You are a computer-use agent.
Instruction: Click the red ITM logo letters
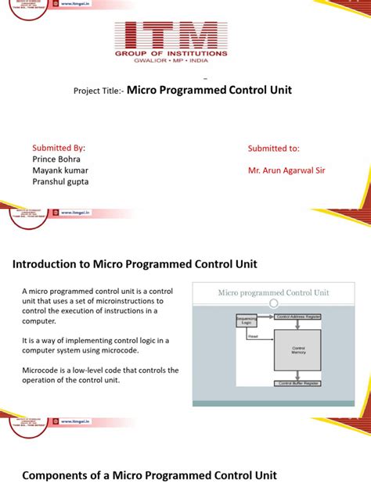click(x=171, y=36)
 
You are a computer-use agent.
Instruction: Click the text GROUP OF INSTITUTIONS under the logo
click(x=171, y=54)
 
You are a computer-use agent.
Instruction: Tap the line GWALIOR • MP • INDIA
click(x=171, y=63)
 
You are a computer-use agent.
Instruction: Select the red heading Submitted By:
click(x=59, y=148)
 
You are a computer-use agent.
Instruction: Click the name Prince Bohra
click(x=57, y=159)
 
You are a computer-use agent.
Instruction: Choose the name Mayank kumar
click(x=60, y=170)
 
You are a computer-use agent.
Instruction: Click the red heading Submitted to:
click(x=274, y=148)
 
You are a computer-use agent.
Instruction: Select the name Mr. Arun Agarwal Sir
click(x=287, y=170)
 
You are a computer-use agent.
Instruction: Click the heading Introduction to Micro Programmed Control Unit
click(x=135, y=264)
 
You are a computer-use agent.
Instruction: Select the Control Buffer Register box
click(x=297, y=383)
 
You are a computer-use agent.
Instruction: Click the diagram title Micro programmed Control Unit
click(x=272, y=293)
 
